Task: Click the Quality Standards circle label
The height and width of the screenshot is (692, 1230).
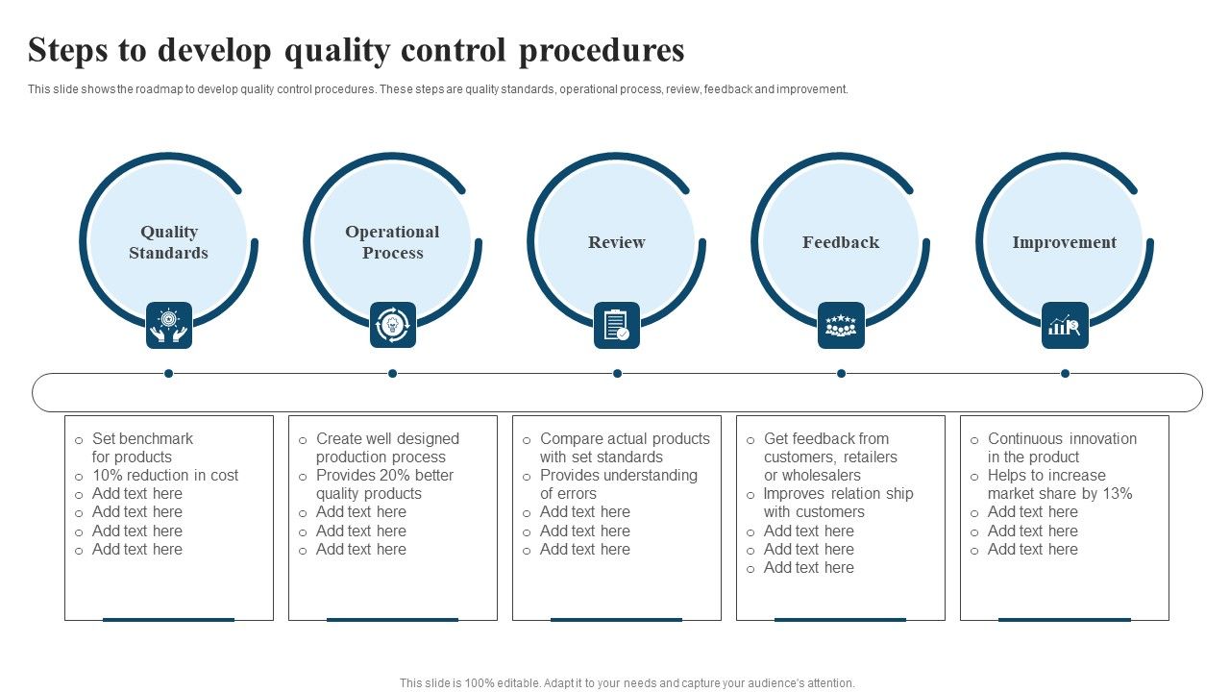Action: [168, 242]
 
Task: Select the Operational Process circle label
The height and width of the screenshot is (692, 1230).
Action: [392, 242]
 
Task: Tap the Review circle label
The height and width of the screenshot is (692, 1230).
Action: [616, 242]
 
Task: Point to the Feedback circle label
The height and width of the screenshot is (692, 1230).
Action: [841, 242]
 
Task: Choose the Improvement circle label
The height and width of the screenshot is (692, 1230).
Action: [1064, 242]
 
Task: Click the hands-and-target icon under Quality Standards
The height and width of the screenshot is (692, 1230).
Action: [168, 325]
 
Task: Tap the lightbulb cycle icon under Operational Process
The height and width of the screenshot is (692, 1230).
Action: [392, 325]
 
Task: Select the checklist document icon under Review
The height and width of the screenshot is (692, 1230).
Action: [616, 325]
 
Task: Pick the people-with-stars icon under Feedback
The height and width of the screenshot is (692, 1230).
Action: [841, 325]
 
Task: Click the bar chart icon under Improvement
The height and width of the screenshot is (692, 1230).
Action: [1064, 325]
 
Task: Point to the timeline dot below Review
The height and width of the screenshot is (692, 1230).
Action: [617, 373]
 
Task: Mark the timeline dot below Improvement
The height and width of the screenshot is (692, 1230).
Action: [1065, 373]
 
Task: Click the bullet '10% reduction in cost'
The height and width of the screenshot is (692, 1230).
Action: [164, 476]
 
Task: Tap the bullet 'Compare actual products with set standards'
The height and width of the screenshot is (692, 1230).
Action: [624, 448]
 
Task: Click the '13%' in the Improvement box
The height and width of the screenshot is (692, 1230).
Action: [1116, 494]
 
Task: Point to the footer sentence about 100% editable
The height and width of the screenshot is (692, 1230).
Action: [627, 683]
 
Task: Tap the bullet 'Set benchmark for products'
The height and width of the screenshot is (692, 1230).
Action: [141, 448]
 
